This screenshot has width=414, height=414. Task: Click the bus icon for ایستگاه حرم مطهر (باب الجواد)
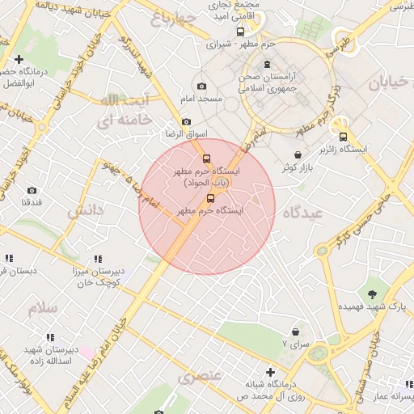coord(205,158)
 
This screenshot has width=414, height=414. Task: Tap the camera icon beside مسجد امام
coord(201,86)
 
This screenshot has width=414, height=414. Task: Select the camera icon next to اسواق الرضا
coord(187,121)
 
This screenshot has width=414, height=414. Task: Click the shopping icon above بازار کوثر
coord(298,154)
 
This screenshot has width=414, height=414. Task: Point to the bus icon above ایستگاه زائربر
coord(344,137)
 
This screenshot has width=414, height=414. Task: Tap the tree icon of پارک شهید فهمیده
coord(372,294)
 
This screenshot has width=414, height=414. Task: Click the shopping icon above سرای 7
coord(295,332)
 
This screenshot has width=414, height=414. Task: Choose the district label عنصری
coord(200,377)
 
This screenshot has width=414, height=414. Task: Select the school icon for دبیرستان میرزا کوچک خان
coord(97,259)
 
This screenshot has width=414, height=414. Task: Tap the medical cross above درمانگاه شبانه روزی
coord(272,372)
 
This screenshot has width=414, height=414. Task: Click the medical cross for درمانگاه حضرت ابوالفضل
coord(19,59)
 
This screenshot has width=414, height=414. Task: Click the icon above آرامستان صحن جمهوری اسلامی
coord(268,65)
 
